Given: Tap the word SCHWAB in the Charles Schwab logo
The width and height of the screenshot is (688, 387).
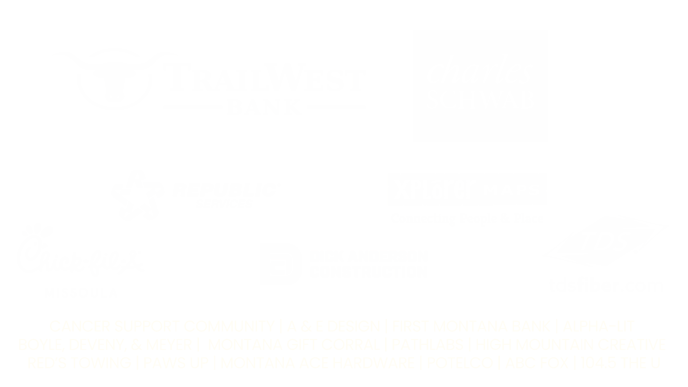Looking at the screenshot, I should tap(481, 100).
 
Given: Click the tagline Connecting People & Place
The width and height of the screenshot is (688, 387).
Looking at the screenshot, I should tap(467, 218).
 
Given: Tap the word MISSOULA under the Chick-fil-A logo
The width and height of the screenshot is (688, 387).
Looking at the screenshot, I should tap(81, 292).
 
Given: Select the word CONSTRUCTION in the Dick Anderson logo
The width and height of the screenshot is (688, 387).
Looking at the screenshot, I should tap(368, 272).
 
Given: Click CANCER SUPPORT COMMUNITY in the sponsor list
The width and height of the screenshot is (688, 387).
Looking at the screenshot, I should tap(162, 327).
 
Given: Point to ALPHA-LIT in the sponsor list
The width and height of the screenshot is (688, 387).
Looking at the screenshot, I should tap(599, 327).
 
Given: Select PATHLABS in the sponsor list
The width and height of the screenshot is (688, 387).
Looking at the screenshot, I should tap(427, 345).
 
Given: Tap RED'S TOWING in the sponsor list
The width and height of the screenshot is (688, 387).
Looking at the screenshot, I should tap(80, 363).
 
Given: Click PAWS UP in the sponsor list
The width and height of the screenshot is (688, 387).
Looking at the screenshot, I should tap(176, 363).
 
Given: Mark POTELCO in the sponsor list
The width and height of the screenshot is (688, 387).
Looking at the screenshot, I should tap(460, 363).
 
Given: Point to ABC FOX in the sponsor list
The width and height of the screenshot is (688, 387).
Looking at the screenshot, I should tap(537, 363).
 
